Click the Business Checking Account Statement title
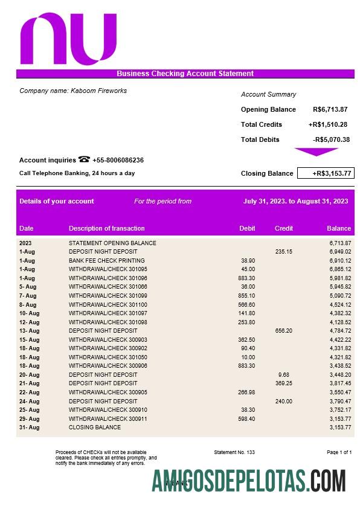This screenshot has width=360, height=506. coord(185,74)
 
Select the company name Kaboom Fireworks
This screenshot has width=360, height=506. coord(73,91)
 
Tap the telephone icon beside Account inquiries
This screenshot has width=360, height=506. coord(84,160)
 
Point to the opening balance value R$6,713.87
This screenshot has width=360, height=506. coord(330,109)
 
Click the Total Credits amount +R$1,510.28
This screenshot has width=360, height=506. coord(327,124)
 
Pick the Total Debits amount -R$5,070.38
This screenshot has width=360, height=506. coord(331,139)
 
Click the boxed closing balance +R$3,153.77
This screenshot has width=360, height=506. coord(326,173)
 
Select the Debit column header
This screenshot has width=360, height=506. coord(247,228)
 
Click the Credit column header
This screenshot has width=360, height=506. coord(284,228)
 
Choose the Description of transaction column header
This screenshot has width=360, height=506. coord(106,228)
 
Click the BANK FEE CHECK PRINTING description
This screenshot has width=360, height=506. coord(106,260)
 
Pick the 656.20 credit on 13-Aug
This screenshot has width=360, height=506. coord(283,331)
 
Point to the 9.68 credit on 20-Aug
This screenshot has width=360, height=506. coord(284,374)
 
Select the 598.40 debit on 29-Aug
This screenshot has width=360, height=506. coord(247,418)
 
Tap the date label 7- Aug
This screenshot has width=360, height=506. coord(28,296)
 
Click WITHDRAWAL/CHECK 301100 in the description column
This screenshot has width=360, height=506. coord(108,304)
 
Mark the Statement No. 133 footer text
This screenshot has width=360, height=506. coord(234,452)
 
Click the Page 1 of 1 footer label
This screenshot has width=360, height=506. coord(339,452)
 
